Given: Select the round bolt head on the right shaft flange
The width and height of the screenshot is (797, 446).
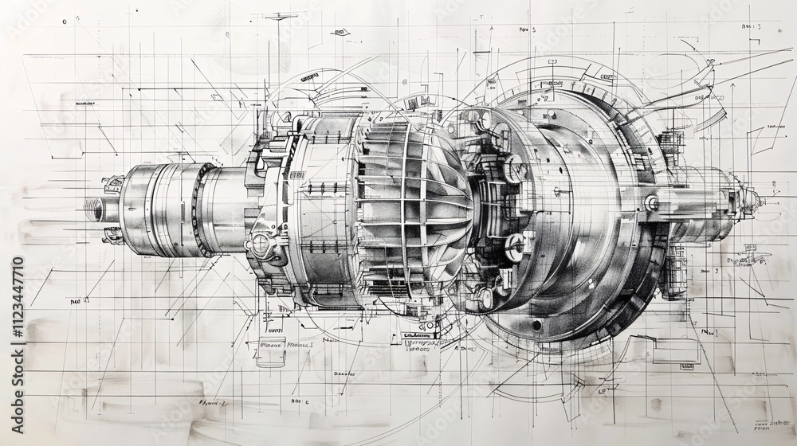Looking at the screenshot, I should [x=652, y=203].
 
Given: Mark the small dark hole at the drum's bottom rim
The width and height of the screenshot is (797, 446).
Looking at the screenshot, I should [x=536, y=325].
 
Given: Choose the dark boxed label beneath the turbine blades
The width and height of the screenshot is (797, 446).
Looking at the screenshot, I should [x=421, y=336].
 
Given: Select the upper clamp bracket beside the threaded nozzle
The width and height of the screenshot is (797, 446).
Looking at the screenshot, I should [x=112, y=184].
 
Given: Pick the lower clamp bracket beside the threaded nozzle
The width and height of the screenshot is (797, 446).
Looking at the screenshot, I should [x=112, y=234].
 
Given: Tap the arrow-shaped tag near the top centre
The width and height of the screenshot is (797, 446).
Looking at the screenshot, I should [x=341, y=33].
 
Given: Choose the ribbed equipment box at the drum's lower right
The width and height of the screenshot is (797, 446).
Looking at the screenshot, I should [x=674, y=271].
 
